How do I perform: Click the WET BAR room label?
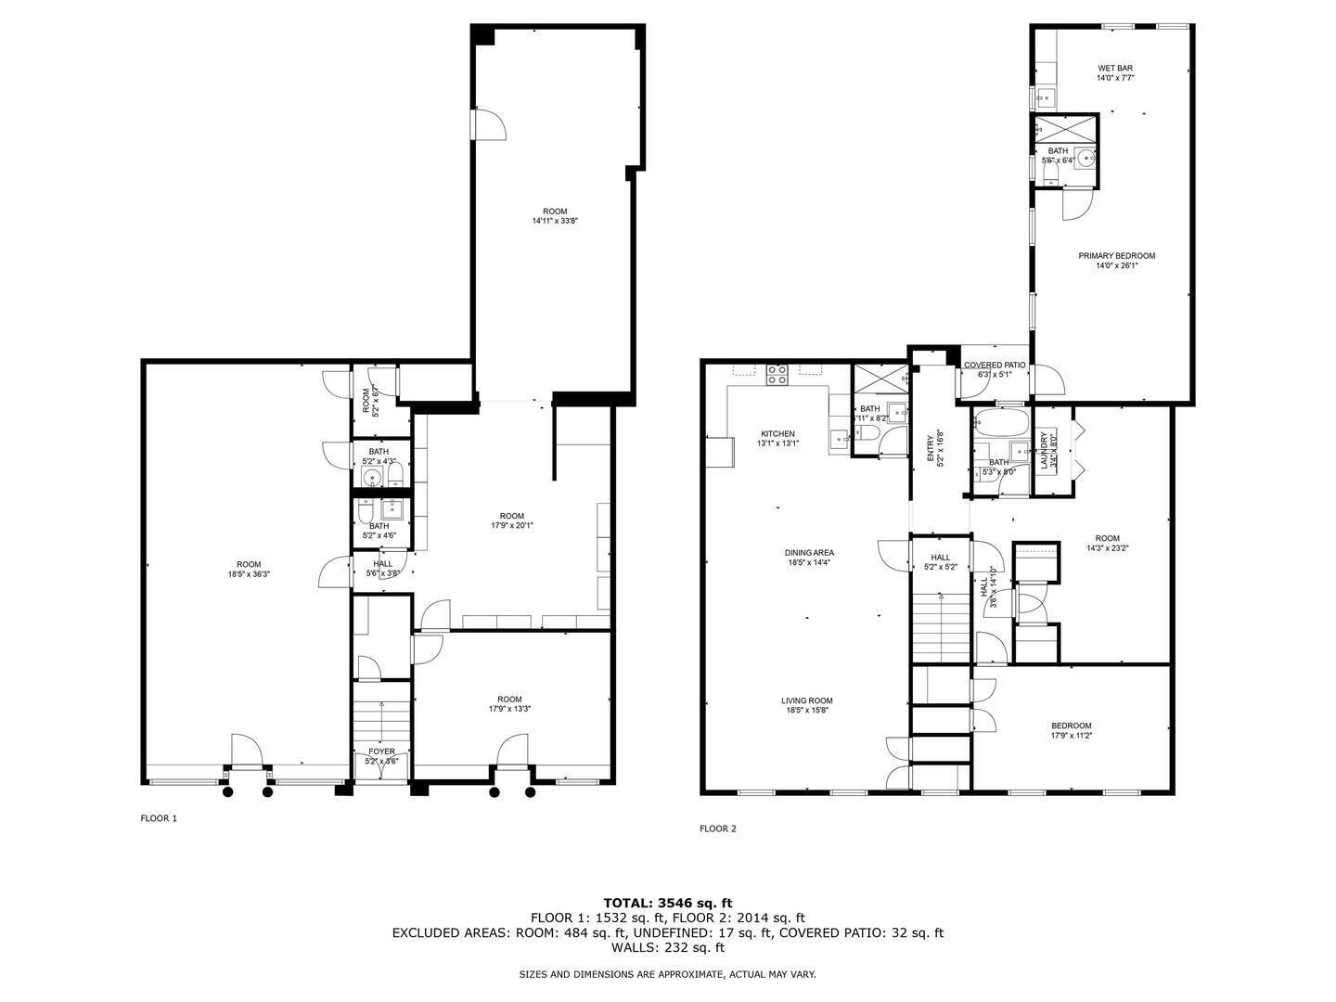point(1115,68)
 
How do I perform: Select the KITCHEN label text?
point(777,434)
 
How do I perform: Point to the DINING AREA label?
point(810,553)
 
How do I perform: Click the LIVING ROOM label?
point(806,701)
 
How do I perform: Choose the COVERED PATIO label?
point(995,366)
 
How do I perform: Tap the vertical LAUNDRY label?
point(1044,451)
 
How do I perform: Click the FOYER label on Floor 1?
point(381,751)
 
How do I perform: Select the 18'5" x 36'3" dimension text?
point(249,574)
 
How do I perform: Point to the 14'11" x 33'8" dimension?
point(555,222)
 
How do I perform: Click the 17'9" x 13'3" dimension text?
point(509,710)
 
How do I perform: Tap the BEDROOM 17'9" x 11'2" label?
point(1071,731)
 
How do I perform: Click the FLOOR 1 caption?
point(158,818)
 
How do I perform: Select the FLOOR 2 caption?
point(717,829)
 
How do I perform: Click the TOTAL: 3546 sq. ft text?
point(667,902)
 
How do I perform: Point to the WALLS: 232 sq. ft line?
point(667,948)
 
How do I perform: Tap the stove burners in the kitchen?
point(777,375)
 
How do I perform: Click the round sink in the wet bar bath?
point(1085,158)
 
